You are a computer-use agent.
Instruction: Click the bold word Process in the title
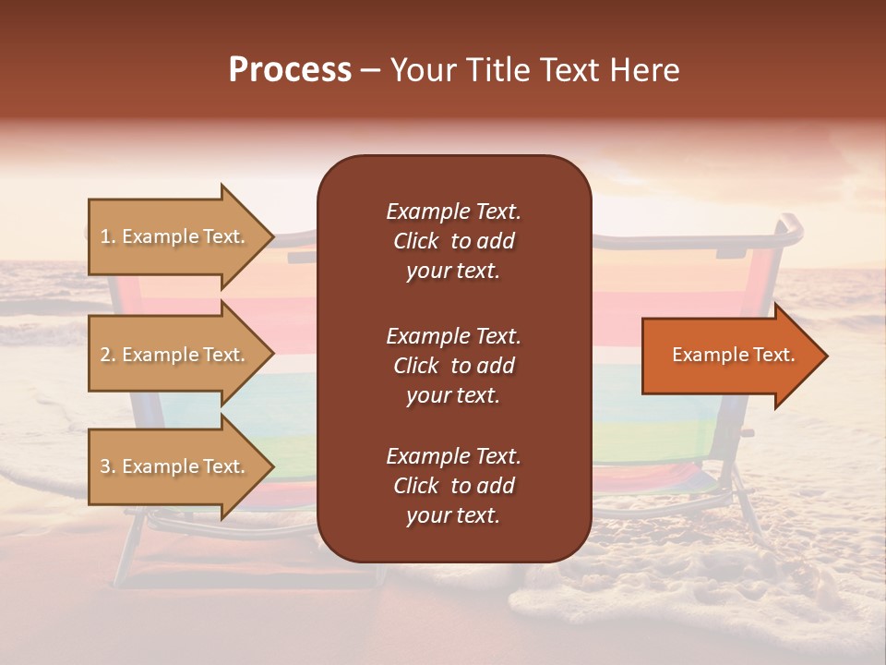point(290,70)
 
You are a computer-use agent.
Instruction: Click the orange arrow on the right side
point(729,356)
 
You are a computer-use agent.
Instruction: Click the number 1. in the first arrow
point(107,237)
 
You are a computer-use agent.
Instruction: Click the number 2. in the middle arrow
point(107,356)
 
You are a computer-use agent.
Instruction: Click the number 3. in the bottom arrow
point(107,467)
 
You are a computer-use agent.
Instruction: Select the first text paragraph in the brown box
point(453,241)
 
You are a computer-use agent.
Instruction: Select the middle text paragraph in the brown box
point(453,366)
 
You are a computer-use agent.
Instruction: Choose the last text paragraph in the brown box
point(453,486)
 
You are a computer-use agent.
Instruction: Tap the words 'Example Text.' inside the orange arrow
point(734,355)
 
